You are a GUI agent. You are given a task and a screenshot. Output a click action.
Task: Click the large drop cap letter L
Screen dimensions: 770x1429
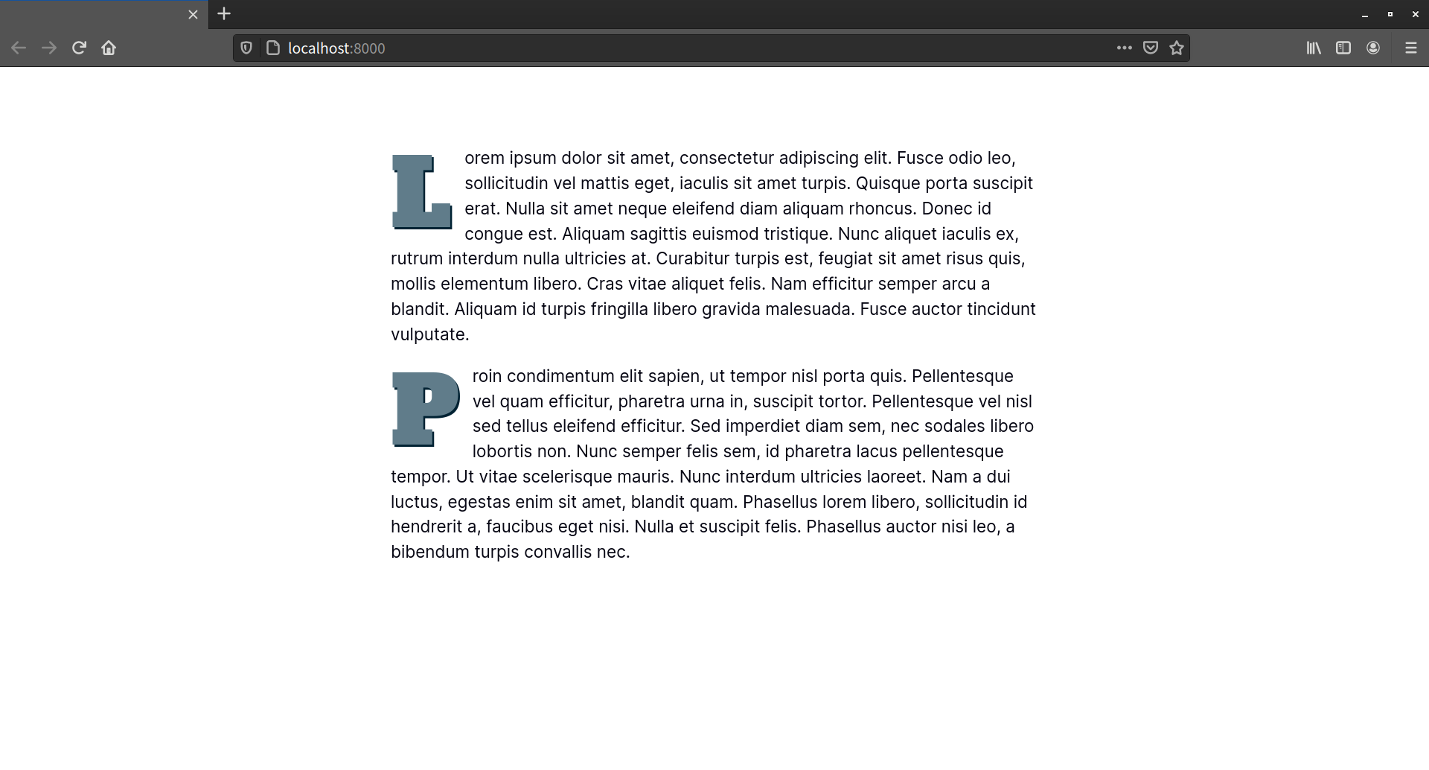[x=421, y=191]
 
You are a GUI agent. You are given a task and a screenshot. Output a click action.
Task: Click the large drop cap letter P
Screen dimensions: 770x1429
[x=425, y=409]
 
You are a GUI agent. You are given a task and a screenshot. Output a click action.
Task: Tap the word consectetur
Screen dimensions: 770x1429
[x=726, y=159]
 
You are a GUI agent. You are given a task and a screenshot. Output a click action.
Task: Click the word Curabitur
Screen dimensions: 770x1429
[x=692, y=259]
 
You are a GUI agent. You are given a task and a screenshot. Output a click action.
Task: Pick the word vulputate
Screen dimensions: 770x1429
[x=429, y=335]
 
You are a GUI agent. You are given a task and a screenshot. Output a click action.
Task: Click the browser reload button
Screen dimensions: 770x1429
[x=79, y=48]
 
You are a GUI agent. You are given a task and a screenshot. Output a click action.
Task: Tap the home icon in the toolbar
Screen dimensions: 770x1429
[x=109, y=48]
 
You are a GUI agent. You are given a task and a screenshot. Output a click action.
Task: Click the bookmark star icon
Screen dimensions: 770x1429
[x=1177, y=48]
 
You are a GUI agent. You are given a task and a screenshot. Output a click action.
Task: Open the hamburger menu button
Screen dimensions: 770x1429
[x=1410, y=48]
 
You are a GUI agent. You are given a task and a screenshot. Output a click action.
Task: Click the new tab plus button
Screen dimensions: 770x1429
[x=224, y=14]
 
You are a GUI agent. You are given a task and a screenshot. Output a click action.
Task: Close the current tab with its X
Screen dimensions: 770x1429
[x=193, y=15]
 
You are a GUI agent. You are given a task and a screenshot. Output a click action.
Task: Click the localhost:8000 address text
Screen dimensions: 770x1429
[x=336, y=48]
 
